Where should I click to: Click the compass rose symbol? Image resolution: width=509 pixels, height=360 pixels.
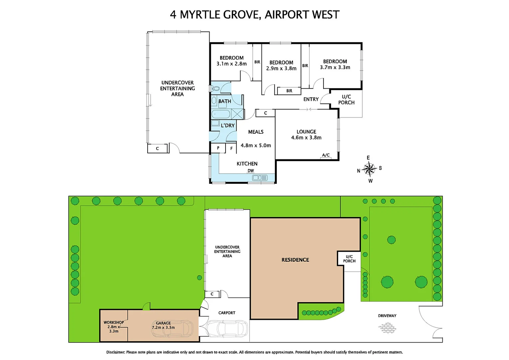(369, 169)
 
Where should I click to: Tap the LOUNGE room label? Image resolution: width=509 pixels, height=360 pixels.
(306, 132)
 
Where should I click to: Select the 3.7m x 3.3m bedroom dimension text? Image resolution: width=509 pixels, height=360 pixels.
(335, 67)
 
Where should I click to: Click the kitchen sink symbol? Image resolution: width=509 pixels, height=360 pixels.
(259, 178)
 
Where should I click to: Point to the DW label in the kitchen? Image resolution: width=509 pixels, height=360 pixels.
(251, 171)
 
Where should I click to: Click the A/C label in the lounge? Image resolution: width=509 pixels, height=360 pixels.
(325, 155)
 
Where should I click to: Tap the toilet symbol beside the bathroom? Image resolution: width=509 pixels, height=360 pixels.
(215, 89)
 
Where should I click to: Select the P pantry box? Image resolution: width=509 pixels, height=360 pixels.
(218, 148)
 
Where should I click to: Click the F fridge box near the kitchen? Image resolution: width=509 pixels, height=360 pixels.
(231, 148)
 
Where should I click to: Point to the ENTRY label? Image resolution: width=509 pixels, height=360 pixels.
(311, 99)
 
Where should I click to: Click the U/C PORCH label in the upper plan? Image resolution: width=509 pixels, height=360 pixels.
(346, 100)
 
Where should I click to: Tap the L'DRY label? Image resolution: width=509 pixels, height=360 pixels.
(228, 125)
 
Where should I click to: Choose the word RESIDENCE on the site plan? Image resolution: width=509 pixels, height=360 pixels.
(295, 260)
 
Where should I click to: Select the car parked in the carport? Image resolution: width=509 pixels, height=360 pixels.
(228, 328)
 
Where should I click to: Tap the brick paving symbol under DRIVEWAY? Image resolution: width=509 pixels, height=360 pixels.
(387, 328)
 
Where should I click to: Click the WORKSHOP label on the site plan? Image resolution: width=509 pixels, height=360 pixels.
(114, 322)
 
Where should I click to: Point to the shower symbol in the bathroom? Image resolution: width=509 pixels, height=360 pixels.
(237, 114)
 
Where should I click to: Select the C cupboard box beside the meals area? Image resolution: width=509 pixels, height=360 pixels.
(265, 113)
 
